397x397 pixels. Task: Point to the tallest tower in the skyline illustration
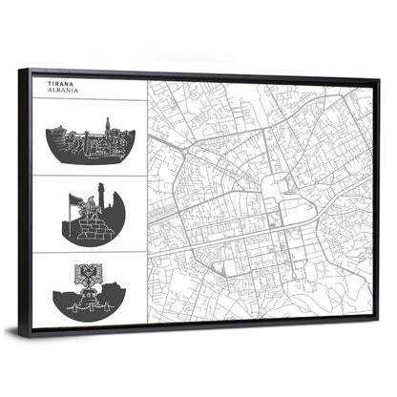tap(108, 128)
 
